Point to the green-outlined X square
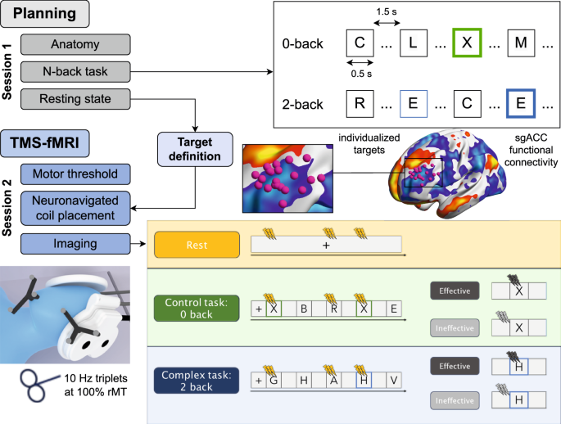[x=466, y=43]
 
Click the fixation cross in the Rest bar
[x=325, y=244]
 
